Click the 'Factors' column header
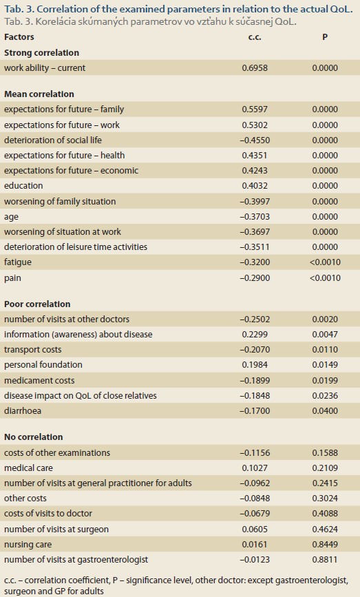click(x=19, y=37)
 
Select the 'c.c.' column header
click(x=255, y=37)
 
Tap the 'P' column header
click(x=325, y=37)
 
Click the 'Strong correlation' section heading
click(x=42, y=52)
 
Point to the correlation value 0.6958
click(x=255, y=67)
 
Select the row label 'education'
click(x=23, y=186)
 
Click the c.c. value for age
click(x=255, y=217)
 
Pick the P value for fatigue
click(x=325, y=262)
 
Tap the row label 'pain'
click(x=12, y=278)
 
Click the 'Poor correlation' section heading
click(x=37, y=304)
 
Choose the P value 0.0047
click(x=325, y=334)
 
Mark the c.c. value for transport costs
click(x=255, y=350)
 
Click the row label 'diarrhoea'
click(x=23, y=411)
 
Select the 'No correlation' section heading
click(x=34, y=437)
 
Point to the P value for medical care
click(x=325, y=468)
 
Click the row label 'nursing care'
click(x=28, y=545)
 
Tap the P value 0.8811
click(x=325, y=560)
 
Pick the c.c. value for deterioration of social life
click(x=255, y=140)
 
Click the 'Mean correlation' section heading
click(x=39, y=94)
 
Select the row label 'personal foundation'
click(x=43, y=365)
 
